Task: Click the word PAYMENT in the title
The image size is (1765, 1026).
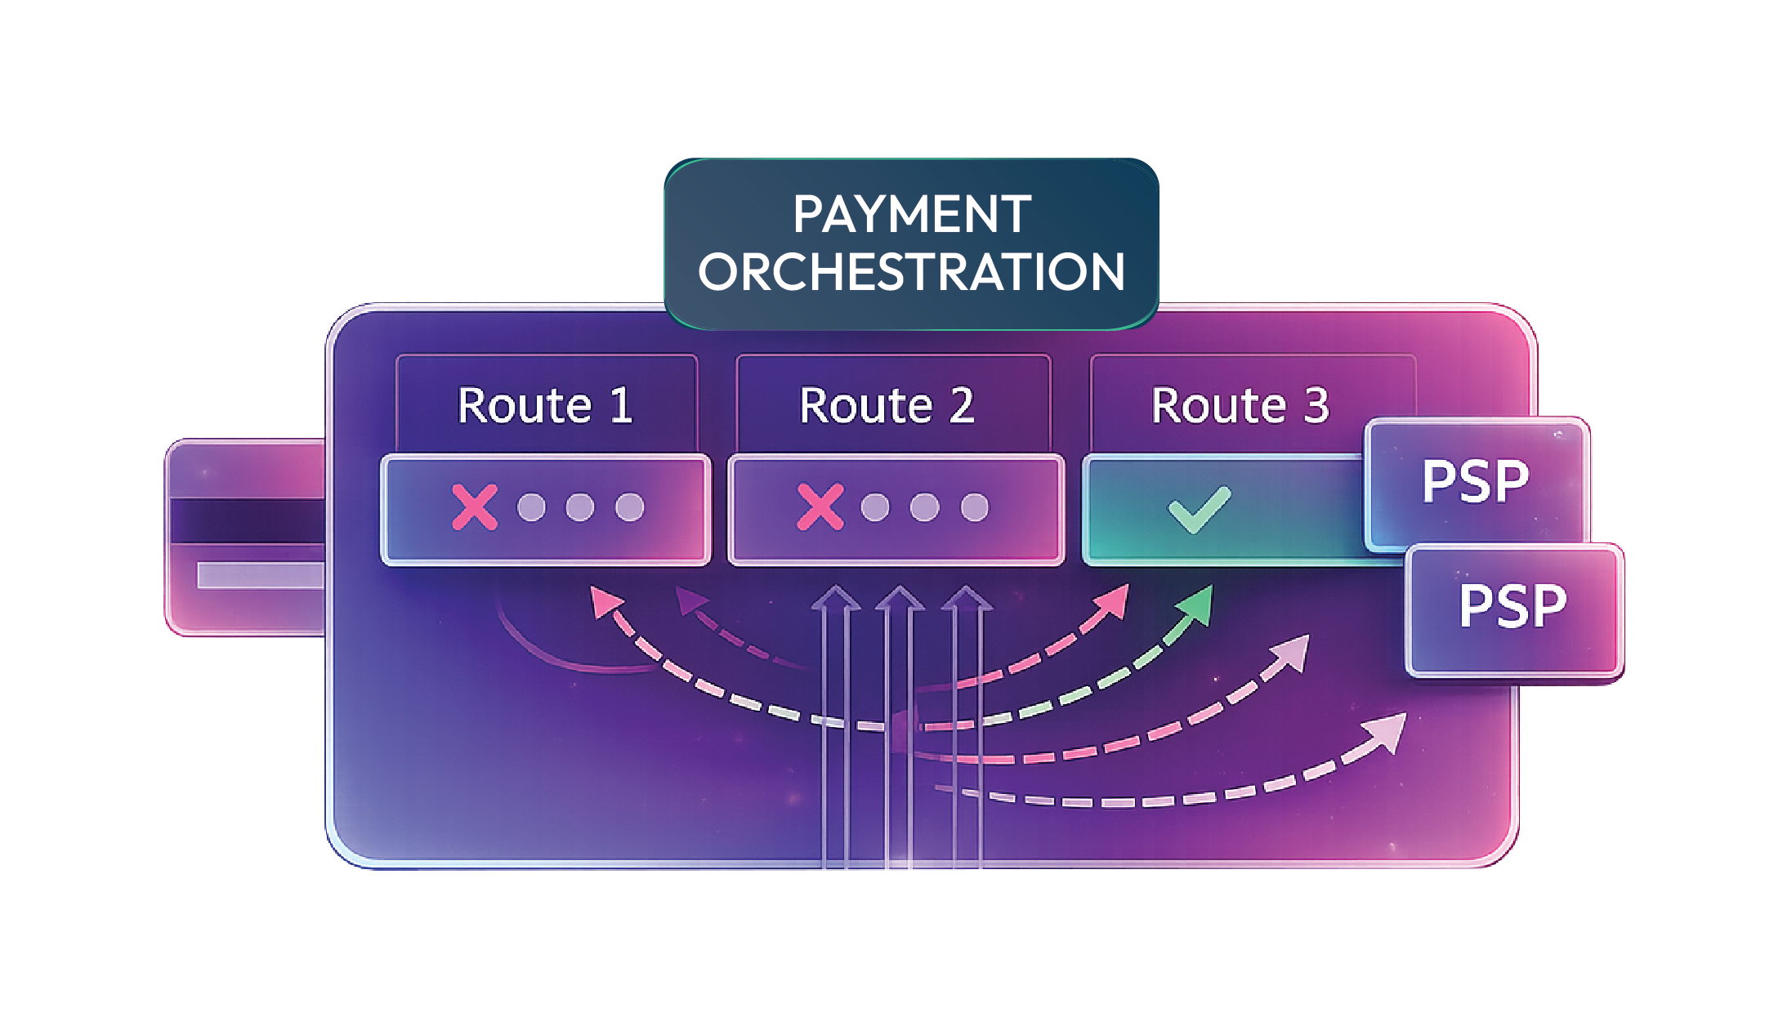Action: pos(911,214)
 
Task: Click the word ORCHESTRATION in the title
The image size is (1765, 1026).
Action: pos(911,272)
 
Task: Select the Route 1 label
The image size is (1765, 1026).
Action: pos(545,405)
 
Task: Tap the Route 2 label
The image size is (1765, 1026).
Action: pos(887,405)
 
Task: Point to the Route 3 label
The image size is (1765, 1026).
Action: pos(1240,405)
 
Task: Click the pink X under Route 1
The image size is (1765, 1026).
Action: pos(475,507)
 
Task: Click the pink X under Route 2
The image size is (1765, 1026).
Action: pos(820,507)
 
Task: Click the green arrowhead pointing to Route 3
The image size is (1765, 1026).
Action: pos(1196,605)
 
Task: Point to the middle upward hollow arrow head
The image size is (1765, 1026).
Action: pos(899,599)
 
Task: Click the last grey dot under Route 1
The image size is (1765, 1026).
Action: pos(629,507)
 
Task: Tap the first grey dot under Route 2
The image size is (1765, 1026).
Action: pos(875,507)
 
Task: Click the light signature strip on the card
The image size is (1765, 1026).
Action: pos(260,575)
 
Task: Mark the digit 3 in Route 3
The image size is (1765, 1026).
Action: pos(1316,405)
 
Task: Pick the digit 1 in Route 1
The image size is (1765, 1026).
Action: pos(621,405)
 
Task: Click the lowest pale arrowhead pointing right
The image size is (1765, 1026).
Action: pos(1388,731)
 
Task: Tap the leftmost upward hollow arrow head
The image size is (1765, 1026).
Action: pos(834,599)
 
